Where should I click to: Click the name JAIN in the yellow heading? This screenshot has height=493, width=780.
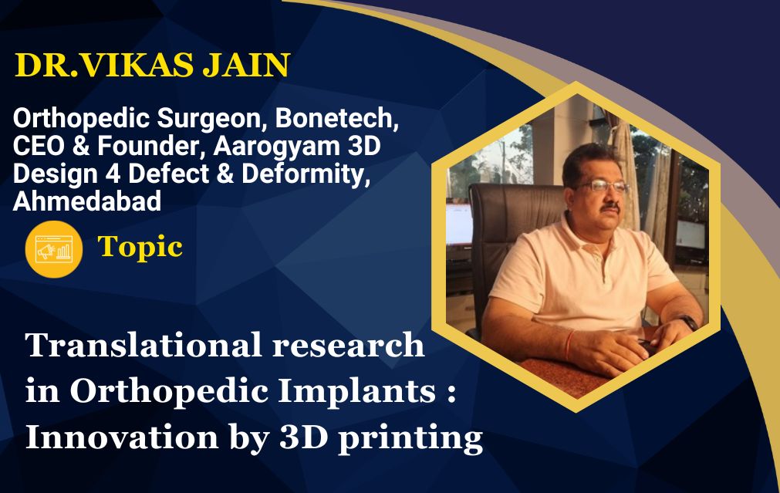tap(246, 65)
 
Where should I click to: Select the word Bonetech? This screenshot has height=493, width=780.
tap(337, 118)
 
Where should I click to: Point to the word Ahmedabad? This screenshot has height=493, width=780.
tap(87, 201)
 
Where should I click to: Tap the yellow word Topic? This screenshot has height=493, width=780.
tap(140, 247)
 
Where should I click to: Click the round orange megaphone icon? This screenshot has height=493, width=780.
tap(54, 249)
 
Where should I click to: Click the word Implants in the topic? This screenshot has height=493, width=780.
tap(356, 392)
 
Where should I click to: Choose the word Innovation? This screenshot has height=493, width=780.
tap(121, 437)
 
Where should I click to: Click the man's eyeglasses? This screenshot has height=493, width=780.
tap(602, 186)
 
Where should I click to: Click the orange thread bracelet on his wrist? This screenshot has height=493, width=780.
tap(569, 345)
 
